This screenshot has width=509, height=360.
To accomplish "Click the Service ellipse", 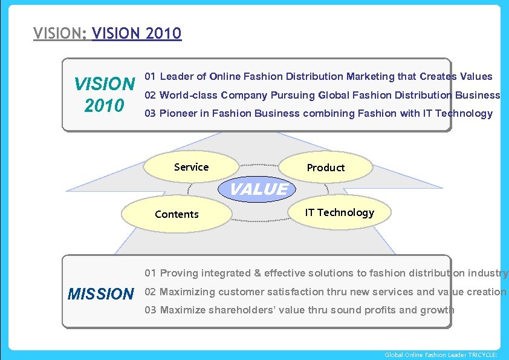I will click(x=192, y=167).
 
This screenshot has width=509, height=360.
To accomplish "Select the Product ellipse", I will click(x=325, y=168).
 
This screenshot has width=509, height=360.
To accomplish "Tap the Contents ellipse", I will click(x=177, y=214).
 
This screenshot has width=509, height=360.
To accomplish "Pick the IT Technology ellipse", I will click(x=339, y=212).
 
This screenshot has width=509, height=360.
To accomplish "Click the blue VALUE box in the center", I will click(x=259, y=189).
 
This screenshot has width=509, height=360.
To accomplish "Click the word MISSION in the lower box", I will click(x=100, y=295).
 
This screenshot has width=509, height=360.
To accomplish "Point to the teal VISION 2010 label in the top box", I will click(x=104, y=94).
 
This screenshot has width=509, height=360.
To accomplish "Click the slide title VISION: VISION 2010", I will click(x=108, y=33).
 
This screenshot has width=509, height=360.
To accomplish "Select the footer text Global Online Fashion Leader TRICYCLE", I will click(x=441, y=355).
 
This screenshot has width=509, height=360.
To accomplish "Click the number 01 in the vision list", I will click(x=151, y=76).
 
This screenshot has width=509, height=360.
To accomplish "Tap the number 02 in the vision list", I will click(x=151, y=95).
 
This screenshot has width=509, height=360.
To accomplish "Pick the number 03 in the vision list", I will click(x=151, y=113).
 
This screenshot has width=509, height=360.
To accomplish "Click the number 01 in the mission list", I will click(x=151, y=273).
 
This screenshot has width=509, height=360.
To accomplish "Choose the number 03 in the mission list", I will click(x=151, y=310).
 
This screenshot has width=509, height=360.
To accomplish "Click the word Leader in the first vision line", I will click(x=177, y=76).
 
